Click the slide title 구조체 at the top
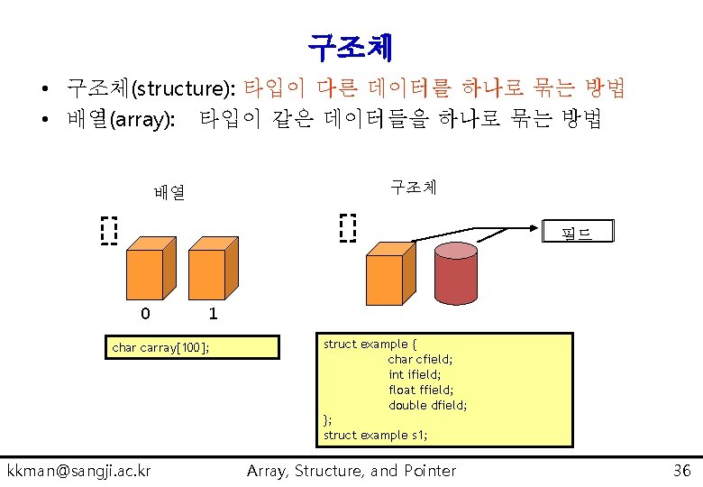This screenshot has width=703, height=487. (x=350, y=43)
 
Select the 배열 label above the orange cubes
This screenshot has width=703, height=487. (x=169, y=192)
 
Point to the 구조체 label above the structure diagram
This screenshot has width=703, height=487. (x=413, y=187)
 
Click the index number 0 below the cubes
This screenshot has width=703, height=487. (x=145, y=314)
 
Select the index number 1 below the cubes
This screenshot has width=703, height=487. (x=213, y=314)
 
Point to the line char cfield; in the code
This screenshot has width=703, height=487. (x=420, y=359)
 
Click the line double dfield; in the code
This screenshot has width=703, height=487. (x=427, y=405)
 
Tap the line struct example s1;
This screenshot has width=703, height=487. (x=375, y=435)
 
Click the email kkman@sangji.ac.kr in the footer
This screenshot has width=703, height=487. (x=79, y=470)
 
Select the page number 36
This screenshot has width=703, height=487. (x=682, y=470)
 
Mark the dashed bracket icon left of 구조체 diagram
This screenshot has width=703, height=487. (x=348, y=228)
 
